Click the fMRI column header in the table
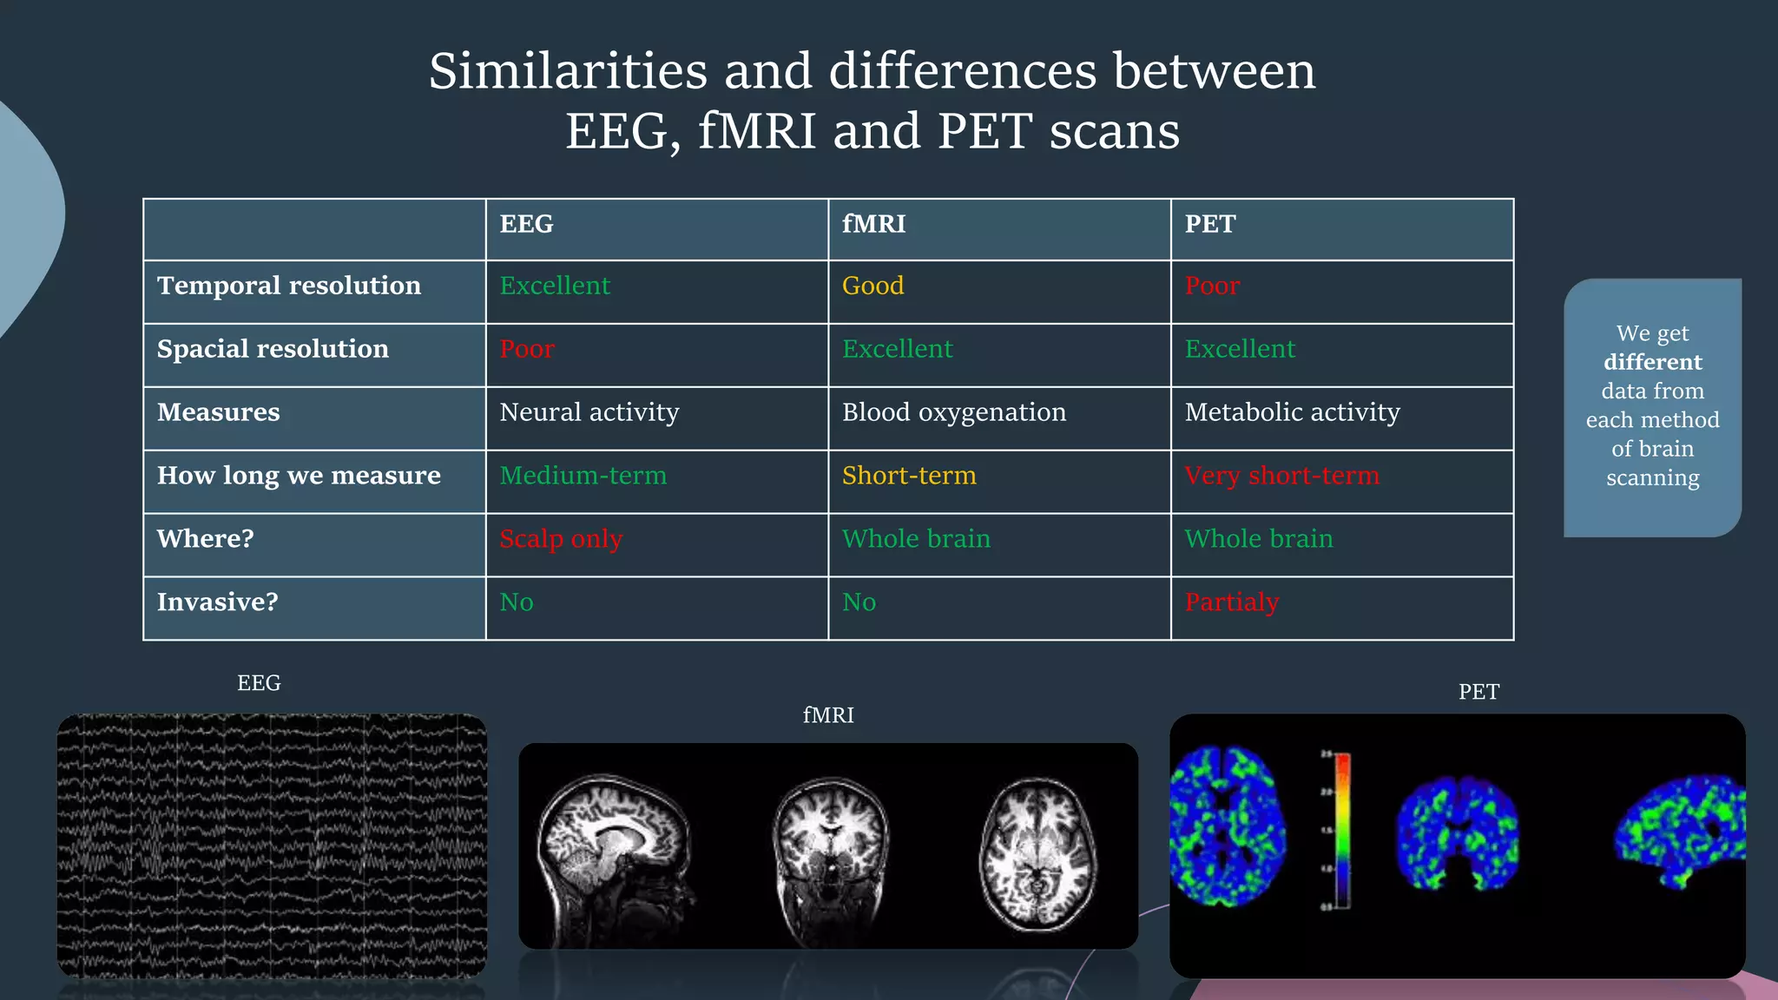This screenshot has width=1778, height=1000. [x=873, y=224]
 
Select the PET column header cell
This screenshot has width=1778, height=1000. [x=1209, y=224]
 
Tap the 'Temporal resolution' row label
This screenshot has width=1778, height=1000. [x=289, y=286]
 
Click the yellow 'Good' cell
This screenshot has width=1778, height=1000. [x=873, y=286]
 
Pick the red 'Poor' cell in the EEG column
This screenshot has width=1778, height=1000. [x=527, y=349]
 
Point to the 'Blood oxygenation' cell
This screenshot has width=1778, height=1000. [x=953, y=412]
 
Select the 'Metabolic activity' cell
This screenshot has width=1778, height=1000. [x=1292, y=412]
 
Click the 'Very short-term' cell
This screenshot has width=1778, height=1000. [x=1281, y=476]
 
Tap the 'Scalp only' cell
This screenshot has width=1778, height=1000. [x=561, y=539]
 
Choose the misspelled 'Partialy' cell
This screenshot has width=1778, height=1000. [x=1231, y=602]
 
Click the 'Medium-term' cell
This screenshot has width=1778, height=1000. [x=583, y=476]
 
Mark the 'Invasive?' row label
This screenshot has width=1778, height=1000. [x=217, y=602]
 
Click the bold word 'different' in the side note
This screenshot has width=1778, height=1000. [x=1652, y=362]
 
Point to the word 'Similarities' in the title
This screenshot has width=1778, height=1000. [x=568, y=71]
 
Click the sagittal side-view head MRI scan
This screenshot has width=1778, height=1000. [x=612, y=846]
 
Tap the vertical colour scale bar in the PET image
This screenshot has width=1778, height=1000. [x=1342, y=829]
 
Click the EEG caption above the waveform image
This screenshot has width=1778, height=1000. [x=259, y=683]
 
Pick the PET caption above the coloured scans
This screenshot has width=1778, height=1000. [x=1478, y=692]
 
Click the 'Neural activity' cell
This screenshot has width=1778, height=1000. [x=589, y=412]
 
